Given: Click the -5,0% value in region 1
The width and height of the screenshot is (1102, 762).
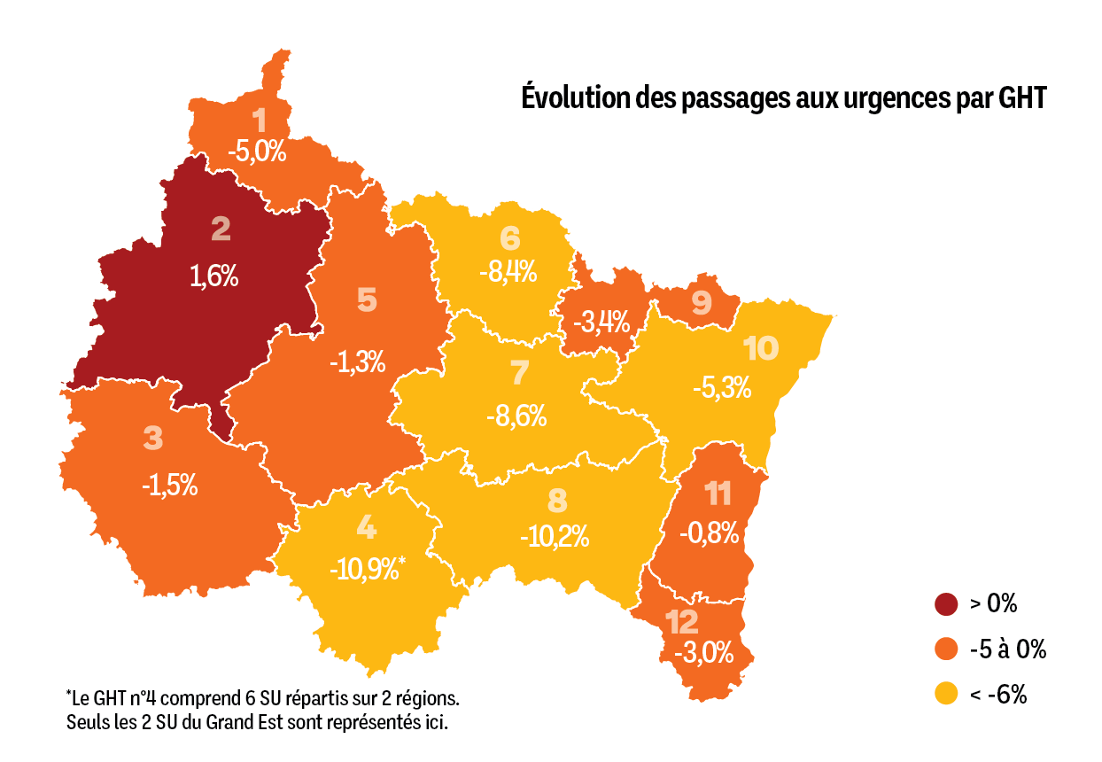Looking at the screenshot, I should (257, 151).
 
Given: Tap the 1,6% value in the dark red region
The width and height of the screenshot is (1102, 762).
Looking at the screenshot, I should (214, 276).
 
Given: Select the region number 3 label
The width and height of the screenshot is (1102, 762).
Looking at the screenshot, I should (153, 439).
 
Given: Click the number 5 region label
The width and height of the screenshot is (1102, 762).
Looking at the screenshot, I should (367, 300).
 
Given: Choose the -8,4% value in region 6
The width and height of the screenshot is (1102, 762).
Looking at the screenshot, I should (508, 271).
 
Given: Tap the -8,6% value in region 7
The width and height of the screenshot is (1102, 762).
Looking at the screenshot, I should (516, 415).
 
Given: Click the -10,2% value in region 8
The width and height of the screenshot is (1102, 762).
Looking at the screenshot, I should (555, 537).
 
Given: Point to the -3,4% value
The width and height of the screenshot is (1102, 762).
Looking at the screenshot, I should (601, 320).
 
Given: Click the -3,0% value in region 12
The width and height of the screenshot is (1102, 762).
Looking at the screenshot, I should (704, 654).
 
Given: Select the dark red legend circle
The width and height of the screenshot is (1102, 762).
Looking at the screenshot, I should (947, 604).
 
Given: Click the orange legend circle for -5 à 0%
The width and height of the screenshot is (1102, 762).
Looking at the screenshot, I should (947, 649).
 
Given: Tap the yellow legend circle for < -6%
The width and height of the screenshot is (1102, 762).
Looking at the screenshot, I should (947, 695).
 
